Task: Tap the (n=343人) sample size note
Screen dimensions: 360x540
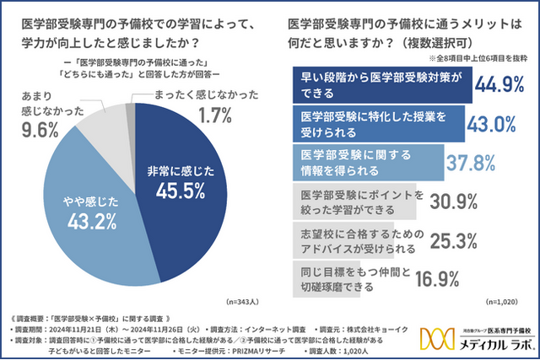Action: pos(245,301)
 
